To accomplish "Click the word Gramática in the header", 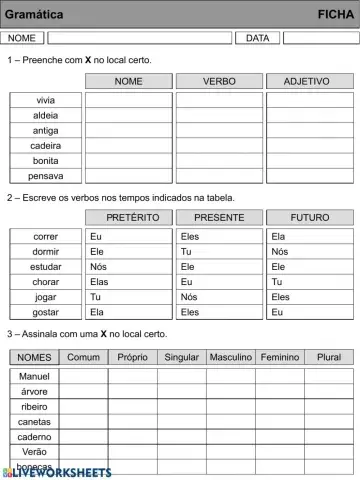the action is (x=35, y=15).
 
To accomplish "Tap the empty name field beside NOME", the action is (x=139, y=38).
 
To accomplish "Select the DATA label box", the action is (x=257, y=38).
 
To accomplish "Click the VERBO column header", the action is (x=219, y=81).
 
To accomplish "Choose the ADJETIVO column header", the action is (x=309, y=81).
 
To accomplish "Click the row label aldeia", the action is (x=46, y=116).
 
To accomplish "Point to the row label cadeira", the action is (x=46, y=146).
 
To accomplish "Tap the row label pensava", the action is (x=46, y=176).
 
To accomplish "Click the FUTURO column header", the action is (x=309, y=217).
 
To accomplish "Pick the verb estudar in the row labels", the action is (x=46, y=267).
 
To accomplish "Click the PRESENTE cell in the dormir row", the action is (x=219, y=252).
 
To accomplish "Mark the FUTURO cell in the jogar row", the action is (x=309, y=297).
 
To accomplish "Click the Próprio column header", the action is (x=132, y=357).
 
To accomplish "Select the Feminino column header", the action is (x=279, y=357).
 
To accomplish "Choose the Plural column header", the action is (x=328, y=357).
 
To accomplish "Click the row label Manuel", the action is (x=34, y=376).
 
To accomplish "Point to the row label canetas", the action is (x=34, y=422).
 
